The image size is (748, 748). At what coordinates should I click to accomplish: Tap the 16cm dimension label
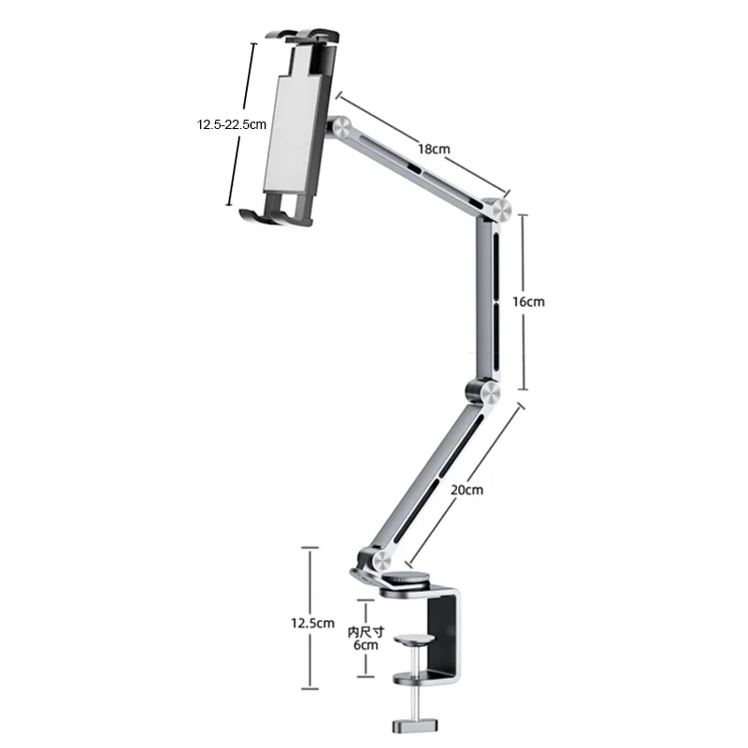[x=529, y=302]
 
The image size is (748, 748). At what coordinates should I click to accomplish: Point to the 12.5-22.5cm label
[x=232, y=123]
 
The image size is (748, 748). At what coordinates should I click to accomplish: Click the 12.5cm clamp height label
[x=310, y=622]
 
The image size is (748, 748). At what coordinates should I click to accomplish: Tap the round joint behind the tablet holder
[x=338, y=126]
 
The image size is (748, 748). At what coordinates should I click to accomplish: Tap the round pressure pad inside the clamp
[x=414, y=641]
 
